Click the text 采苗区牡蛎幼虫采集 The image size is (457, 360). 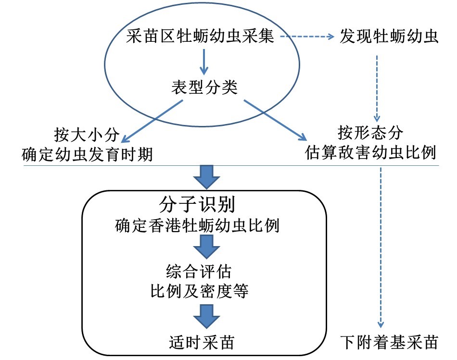(x=201, y=37)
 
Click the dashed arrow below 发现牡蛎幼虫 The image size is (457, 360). (x=377, y=89)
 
